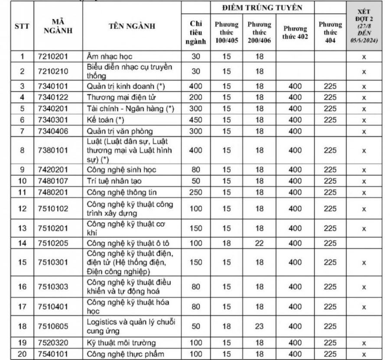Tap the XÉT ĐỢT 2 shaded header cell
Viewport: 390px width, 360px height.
coord(364,26)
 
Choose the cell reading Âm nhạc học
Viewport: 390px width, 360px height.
coord(110,56)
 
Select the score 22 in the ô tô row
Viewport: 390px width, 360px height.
coord(260,243)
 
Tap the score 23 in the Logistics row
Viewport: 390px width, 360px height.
coord(260,326)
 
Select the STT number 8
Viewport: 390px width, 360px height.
coord(22,150)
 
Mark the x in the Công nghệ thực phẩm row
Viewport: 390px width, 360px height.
coord(364,354)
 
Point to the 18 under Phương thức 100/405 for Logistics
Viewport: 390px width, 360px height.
coord(227,326)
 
